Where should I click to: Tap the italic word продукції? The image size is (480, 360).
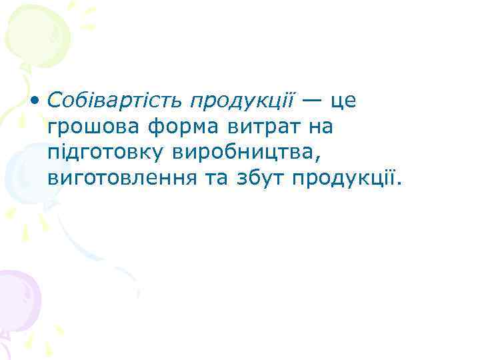point(242,102)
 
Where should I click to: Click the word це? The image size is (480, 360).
point(344,102)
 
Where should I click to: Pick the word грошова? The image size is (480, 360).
point(89,127)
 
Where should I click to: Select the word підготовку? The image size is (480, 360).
point(104,153)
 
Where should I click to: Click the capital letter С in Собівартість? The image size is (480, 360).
point(55,101)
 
